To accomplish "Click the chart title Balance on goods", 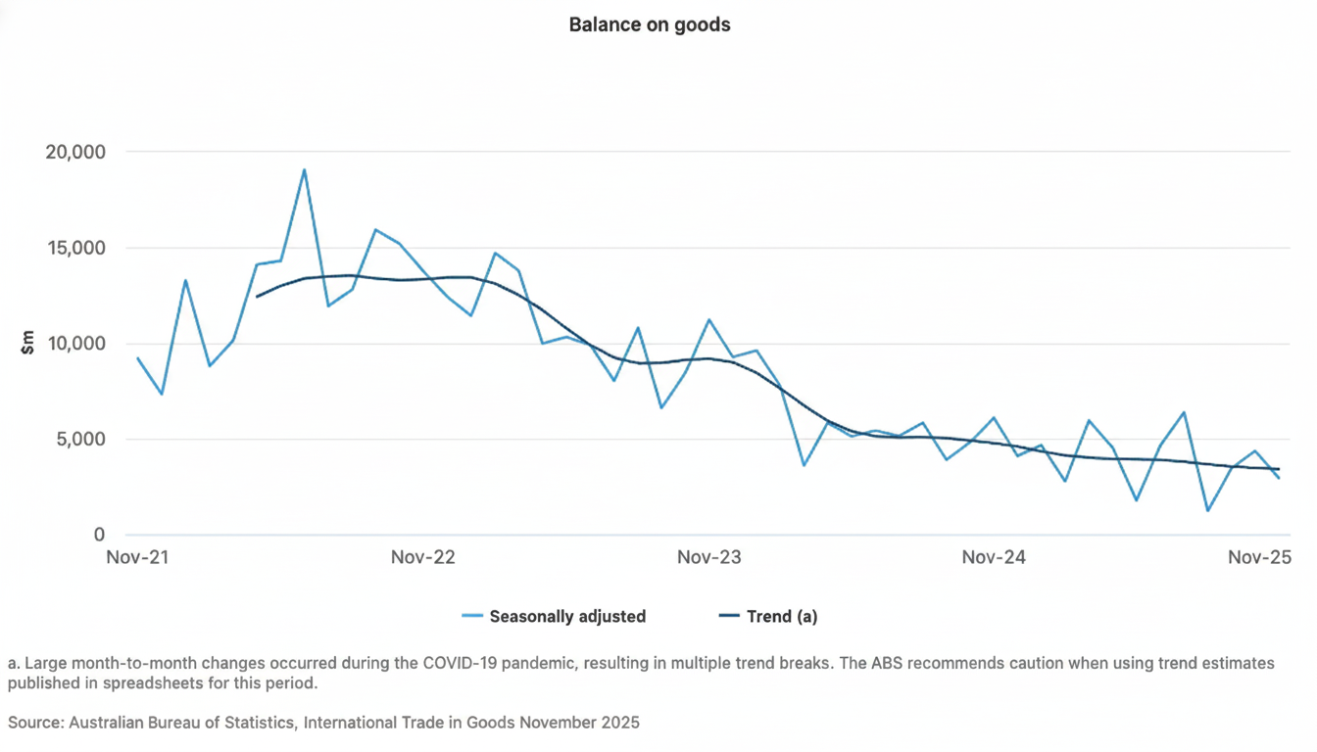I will [x=650, y=25].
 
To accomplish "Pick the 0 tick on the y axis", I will [x=100, y=535].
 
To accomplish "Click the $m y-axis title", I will [x=27, y=343].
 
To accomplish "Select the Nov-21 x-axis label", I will [x=138, y=558].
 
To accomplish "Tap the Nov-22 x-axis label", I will [x=423, y=558].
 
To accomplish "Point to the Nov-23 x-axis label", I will [x=709, y=558].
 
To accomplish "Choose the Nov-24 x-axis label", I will [x=994, y=558].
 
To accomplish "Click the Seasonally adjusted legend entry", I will [x=555, y=616].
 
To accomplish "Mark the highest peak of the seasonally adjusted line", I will [x=304, y=169].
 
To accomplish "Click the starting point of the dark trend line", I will [x=257, y=296].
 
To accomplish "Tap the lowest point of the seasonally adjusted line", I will [x=1207, y=510].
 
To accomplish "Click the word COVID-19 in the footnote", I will [x=459, y=663].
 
